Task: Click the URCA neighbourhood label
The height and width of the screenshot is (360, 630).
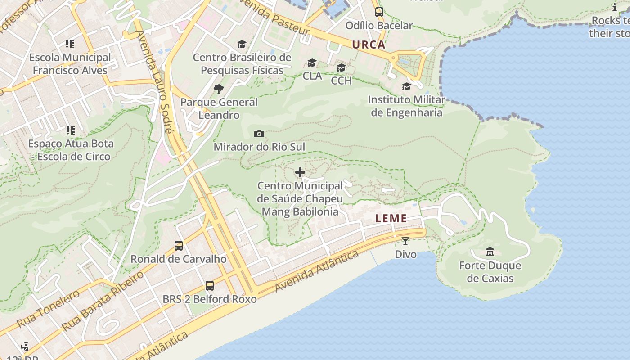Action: point(369,45)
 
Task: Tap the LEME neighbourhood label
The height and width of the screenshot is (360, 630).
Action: point(391,219)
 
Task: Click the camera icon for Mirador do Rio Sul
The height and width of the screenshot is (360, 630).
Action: point(259,134)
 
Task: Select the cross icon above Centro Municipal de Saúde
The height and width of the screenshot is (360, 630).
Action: point(300,172)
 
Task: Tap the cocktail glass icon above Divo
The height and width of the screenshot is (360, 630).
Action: point(405,241)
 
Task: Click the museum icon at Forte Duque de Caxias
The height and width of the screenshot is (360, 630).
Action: point(490,252)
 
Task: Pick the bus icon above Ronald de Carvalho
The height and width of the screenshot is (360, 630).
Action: point(179,246)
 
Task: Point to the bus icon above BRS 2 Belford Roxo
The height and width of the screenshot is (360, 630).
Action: point(210,285)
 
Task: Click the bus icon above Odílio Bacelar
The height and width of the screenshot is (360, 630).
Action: point(379,12)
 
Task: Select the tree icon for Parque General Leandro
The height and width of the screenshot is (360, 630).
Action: point(219,89)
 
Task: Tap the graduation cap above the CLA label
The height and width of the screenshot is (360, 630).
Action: point(312,63)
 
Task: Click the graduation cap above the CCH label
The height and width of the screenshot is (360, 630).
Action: point(342,67)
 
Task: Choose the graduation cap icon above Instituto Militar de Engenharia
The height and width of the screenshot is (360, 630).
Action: point(407,86)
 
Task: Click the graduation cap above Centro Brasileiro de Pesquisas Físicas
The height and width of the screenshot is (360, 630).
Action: point(242,44)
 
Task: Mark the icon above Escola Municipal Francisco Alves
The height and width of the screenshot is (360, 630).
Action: point(70,44)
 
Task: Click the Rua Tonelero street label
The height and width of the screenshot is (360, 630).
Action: point(48,309)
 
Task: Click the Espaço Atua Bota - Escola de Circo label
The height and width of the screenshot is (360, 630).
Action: point(71,150)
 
